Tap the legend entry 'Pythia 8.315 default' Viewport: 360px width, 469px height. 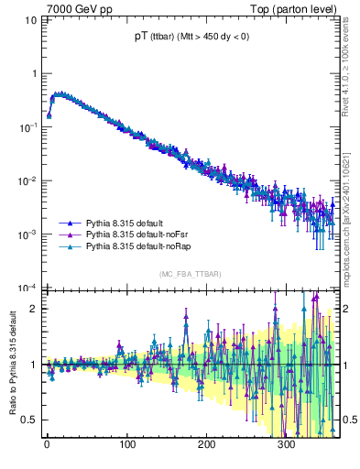[x=128, y=223]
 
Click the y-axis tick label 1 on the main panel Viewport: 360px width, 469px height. [x=35, y=74]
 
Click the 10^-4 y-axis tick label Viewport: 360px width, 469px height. [x=29, y=288]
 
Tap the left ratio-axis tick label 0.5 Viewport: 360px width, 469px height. [x=31, y=420]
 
